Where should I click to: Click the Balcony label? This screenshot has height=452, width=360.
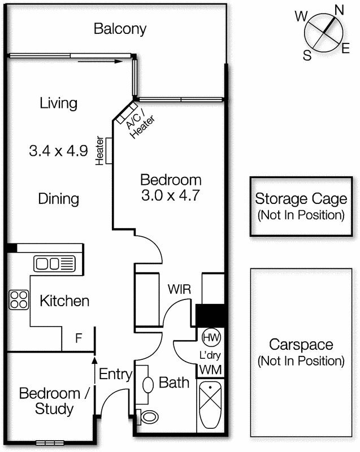(120, 28)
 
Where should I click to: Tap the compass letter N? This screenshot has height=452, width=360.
(340, 10)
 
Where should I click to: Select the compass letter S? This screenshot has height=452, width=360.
(307, 55)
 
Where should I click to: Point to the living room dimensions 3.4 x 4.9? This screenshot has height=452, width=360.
(58, 151)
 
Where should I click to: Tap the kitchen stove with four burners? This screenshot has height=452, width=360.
(19, 299)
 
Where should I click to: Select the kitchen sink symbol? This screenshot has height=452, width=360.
(54, 263)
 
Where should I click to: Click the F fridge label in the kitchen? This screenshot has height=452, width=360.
(79, 339)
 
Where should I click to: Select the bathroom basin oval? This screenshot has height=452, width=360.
(148, 384)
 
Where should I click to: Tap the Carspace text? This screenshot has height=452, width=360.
(300, 345)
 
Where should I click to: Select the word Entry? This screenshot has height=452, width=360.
(115, 374)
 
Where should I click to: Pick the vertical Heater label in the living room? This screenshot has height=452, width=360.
(99, 151)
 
